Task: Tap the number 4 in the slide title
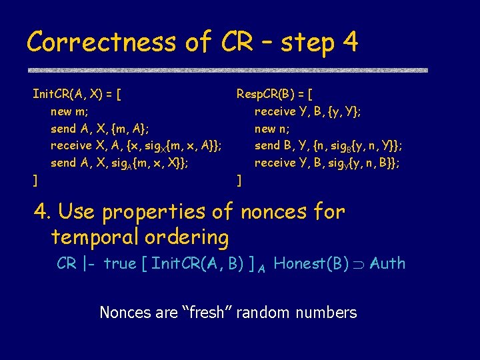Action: (349, 43)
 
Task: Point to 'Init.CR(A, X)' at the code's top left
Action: (73, 94)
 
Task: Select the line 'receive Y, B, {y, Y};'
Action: (308, 111)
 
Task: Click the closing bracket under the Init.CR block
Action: (35, 179)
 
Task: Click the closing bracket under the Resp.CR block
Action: (239, 179)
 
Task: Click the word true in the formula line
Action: (119, 264)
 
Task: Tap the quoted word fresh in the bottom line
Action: (202, 312)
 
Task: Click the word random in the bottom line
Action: (269, 312)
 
